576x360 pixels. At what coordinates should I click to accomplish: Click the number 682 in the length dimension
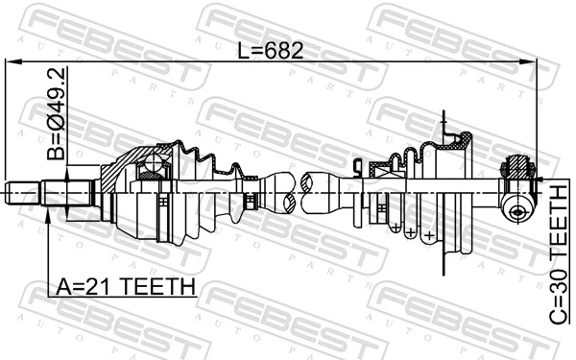(x=284, y=51)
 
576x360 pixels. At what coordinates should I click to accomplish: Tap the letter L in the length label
(x=243, y=51)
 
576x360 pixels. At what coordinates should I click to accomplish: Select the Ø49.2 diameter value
(x=57, y=99)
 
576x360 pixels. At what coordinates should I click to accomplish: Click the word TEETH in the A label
(x=157, y=286)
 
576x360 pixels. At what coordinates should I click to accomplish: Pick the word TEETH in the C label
(x=559, y=223)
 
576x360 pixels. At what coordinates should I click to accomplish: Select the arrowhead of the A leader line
(x=48, y=216)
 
